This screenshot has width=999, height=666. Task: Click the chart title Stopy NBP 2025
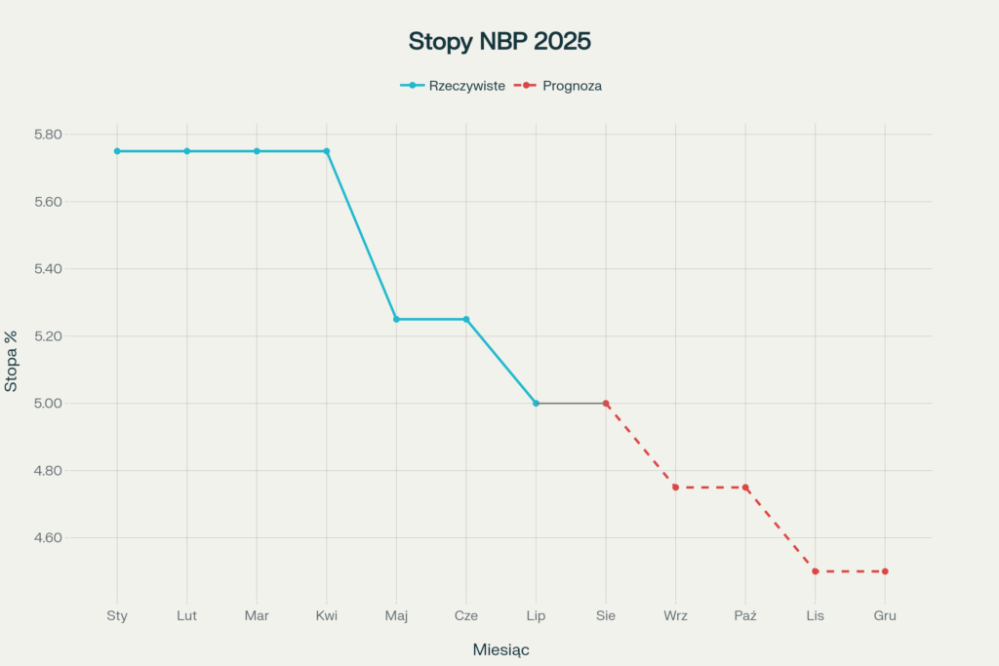click(x=499, y=42)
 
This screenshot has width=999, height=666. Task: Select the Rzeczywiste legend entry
click(x=466, y=86)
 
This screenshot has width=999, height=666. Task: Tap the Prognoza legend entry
click(x=572, y=86)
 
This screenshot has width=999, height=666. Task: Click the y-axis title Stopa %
click(x=12, y=360)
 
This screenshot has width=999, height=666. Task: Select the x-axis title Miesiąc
click(x=500, y=649)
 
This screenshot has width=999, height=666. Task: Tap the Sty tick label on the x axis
click(x=117, y=616)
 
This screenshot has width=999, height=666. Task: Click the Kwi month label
click(x=327, y=616)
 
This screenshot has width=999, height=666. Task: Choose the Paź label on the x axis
click(x=745, y=616)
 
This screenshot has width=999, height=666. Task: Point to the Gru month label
click(x=885, y=616)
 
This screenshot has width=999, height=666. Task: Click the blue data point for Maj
click(x=396, y=319)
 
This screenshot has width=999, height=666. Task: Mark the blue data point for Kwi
click(x=327, y=151)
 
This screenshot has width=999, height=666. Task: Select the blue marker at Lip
click(x=536, y=403)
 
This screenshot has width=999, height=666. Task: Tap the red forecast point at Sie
click(x=606, y=403)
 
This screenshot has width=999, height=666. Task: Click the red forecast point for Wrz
click(x=675, y=488)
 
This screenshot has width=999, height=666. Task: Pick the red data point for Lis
click(x=815, y=571)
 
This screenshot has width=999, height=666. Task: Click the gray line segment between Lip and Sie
click(x=571, y=403)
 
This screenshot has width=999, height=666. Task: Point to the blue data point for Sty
click(x=117, y=151)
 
